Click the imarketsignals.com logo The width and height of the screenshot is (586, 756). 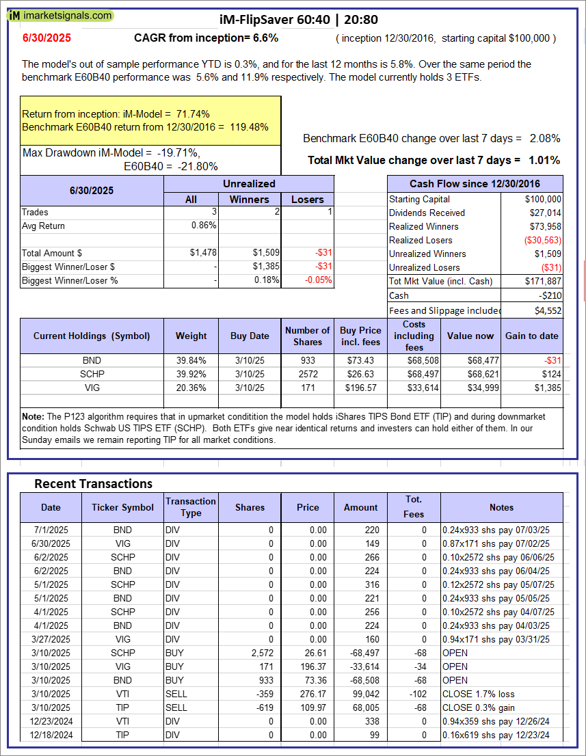[60, 15]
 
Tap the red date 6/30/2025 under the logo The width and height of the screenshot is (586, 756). [46, 38]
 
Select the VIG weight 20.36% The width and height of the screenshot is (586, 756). [191, 388]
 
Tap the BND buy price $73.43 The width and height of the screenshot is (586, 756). [360, 360]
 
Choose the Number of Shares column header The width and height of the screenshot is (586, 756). [308, 336]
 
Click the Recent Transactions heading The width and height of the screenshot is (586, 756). [93, 483]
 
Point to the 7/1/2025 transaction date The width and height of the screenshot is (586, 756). [51, 529]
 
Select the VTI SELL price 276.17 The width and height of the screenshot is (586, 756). [308, 693]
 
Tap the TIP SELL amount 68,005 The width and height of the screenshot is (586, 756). [362, 707]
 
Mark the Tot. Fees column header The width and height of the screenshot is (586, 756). [414, 507]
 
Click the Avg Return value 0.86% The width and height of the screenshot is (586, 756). [203, 226]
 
